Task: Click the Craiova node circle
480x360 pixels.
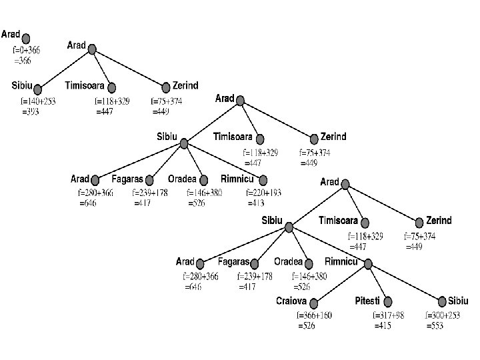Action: click(312, 303)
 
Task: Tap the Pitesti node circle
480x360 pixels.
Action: click(389, 303)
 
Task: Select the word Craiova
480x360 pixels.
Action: click(291, 301)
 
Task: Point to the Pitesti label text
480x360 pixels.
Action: click(367, 301)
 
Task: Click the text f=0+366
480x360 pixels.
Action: click(27, 50)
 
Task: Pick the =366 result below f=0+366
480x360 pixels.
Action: click(23, 60)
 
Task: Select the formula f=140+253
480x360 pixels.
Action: click(38, 102)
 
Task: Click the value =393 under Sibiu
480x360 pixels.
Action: click(31, 112)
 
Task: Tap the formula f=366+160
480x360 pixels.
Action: click(314, 316)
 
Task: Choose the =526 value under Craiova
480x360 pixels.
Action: click(307, 327)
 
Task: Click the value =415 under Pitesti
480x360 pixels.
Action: click(383, 327)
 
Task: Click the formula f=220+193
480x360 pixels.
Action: click(263, 193)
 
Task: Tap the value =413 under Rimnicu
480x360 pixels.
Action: click(257, 203)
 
